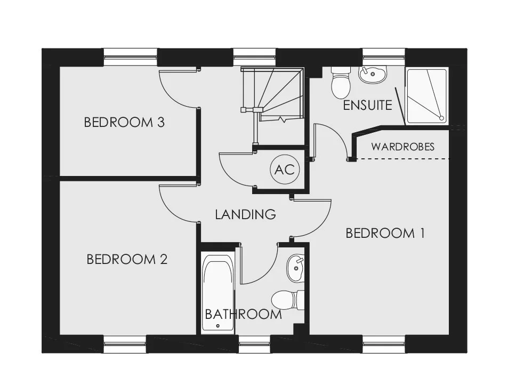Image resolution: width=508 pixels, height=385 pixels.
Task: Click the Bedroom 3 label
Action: [124, 122]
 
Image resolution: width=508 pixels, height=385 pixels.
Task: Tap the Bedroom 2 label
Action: [127, 259]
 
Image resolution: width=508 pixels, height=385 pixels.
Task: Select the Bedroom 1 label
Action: [385, 234]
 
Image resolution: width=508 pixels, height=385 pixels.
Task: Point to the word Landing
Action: [245, 214]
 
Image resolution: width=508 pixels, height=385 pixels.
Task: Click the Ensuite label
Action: [367, 106]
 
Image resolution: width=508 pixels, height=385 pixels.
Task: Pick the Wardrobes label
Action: [402, 147]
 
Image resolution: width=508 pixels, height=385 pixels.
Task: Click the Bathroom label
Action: [243, 314]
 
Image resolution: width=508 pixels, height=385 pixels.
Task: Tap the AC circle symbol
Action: [285, 170]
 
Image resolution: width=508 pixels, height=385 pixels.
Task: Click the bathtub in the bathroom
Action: [217, 292]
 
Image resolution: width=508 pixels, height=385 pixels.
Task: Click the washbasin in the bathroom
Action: [295, 268]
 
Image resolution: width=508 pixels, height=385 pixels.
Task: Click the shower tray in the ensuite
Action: [428, 96]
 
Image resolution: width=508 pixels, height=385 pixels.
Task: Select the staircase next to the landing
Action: [272, 94]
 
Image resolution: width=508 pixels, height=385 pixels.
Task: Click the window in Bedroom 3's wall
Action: [131, 58]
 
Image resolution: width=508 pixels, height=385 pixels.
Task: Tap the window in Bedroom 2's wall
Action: [125, 344]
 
